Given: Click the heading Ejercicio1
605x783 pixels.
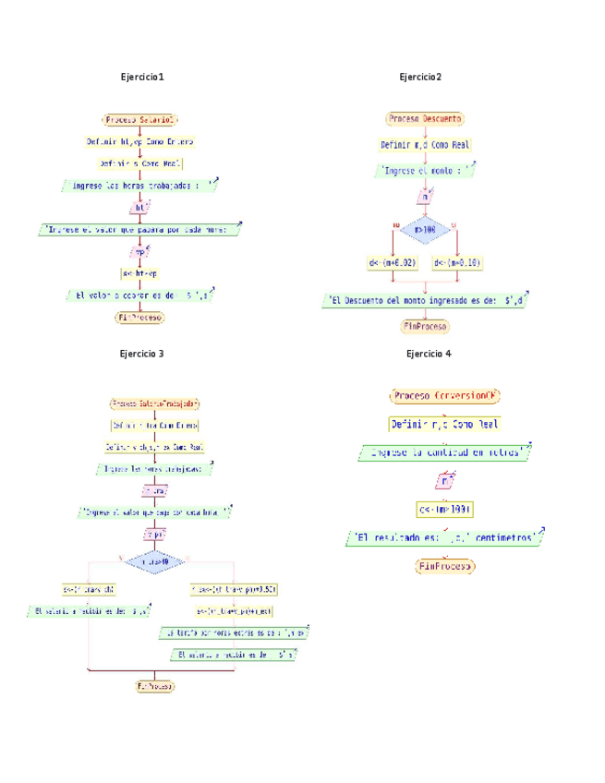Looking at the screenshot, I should pyautogui.click(x=142, y=77).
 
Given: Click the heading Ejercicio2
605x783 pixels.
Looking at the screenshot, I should pyautogui.click(x=420, y=77).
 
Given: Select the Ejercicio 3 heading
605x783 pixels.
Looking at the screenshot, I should pyautogui.click(x=142, y=354).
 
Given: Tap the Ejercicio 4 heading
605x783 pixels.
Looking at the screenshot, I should pyautogui.click(x=429, y=354).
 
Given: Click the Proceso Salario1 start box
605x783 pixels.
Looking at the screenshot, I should pyautogui.click(x=139, y=119).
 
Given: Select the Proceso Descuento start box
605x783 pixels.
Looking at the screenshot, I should pyautogui.click(x=425, y=119).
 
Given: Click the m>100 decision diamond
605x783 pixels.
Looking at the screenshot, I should pyautogui.click(x=425, y=229).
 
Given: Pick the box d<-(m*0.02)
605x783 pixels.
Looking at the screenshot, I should pyautogui.click(x=393, y=264).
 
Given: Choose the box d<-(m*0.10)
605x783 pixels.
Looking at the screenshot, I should pyautogui.click(x=457, y=264).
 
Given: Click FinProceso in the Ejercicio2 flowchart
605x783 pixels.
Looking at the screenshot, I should pyautogui.click(x=425, y=327).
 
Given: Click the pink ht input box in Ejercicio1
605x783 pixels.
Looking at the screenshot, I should pyautogui.click(x=139, y=209).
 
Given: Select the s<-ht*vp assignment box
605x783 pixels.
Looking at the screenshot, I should pyautogui.click(x=139, y=273).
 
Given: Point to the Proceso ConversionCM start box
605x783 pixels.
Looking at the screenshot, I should pyautogui.click(x=445, y=395).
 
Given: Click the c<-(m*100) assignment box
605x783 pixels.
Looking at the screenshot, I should pyautogui.click(x=445, y=510).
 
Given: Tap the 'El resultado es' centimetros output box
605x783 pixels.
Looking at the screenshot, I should pyautogui.click(x=444, y=537).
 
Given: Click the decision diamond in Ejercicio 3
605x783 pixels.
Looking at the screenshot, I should pyautogui.click(x=154, y=560).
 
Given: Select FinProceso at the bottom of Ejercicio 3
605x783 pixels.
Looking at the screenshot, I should pyautogui.click(x=155, y=687).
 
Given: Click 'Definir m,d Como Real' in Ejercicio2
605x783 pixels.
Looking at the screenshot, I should pyautogui.click(x=425, y=145).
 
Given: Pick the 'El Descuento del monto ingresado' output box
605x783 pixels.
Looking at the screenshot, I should pyautogui.click(x=426, y=300).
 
